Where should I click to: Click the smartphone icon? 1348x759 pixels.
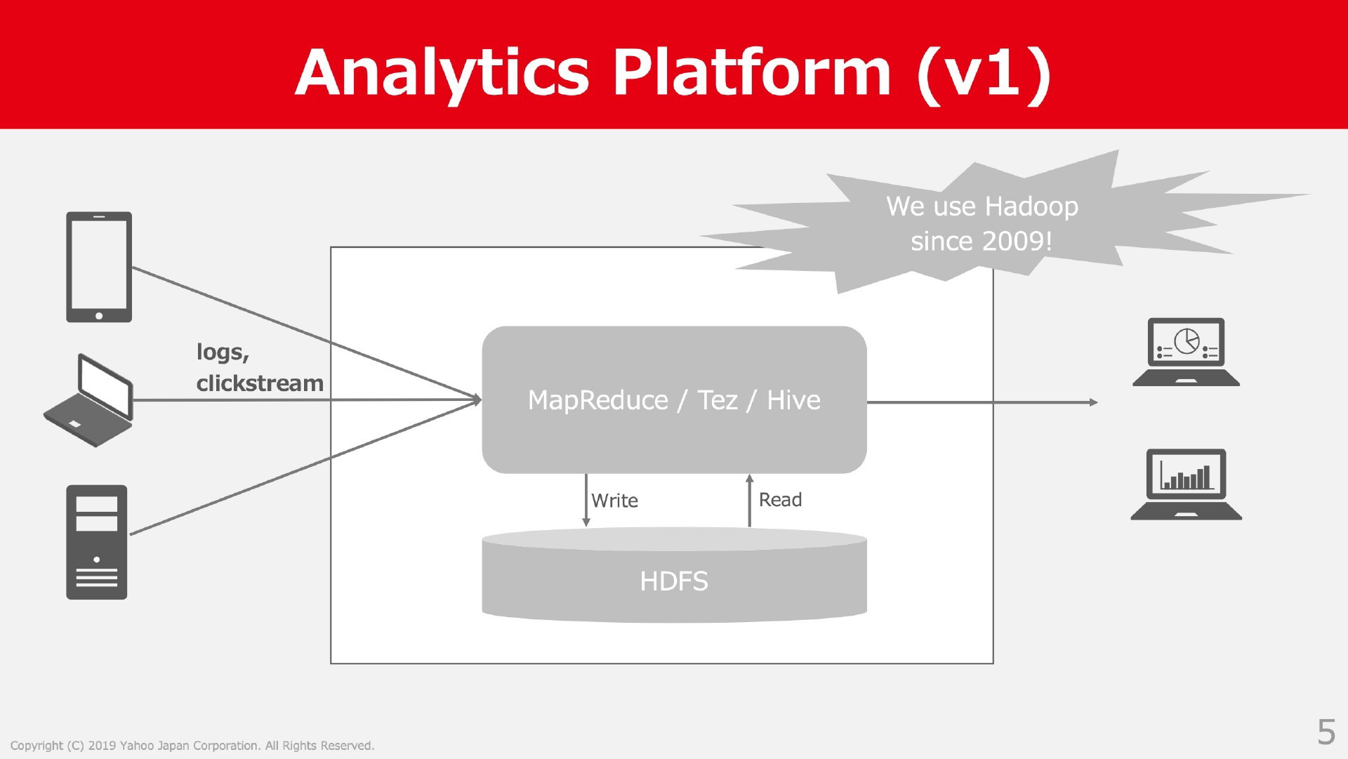tap(99, 267)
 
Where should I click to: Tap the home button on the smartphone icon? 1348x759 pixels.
tap(99, 315)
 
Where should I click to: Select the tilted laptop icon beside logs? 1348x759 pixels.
tap(88, 400)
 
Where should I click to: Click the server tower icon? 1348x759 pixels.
tap(97, 542)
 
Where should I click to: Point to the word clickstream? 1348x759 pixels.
tap(260, 383)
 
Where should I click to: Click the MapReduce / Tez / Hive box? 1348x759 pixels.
tap(674, 400)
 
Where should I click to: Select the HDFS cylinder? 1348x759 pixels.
tap(674, 575)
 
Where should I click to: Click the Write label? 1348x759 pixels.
tap(614, 501)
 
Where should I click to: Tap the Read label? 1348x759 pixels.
tap(780, 500)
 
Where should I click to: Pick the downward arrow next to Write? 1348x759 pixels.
tap(586, 500)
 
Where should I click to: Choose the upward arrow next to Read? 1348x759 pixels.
tap(749, 500)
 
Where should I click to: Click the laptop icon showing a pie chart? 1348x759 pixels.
tap(1186, 352)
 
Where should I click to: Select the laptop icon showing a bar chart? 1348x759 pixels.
tap(1186, 484)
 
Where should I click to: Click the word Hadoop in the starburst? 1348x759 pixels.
tap(1031, 206)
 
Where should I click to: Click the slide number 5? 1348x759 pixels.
tap(1326, 732)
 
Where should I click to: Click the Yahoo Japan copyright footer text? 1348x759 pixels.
tap(192, 746)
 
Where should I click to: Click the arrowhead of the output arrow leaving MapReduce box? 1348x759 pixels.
tap(1093, 402)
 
